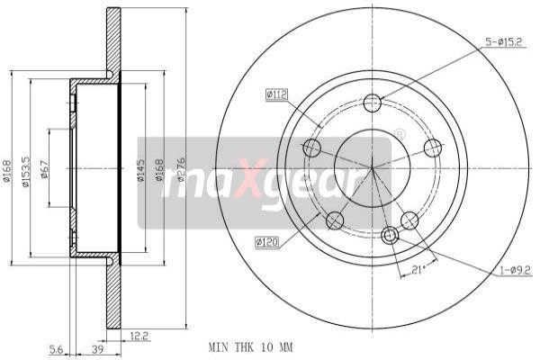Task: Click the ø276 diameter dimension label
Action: coord(181,166)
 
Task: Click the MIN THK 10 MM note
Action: coord(250,346)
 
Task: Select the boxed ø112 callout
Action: coord(275,94)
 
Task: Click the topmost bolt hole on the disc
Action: coord(373,103)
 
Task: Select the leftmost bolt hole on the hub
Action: coord(312,148)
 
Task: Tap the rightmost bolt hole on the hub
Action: coord(433,148)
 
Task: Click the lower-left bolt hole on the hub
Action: coord(336,220)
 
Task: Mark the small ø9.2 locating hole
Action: coord(390,236)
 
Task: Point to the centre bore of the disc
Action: coord(372,166)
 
